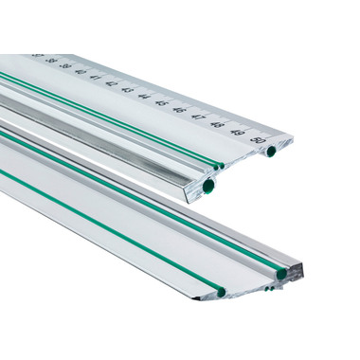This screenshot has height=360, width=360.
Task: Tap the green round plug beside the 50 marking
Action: pos(271,151)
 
